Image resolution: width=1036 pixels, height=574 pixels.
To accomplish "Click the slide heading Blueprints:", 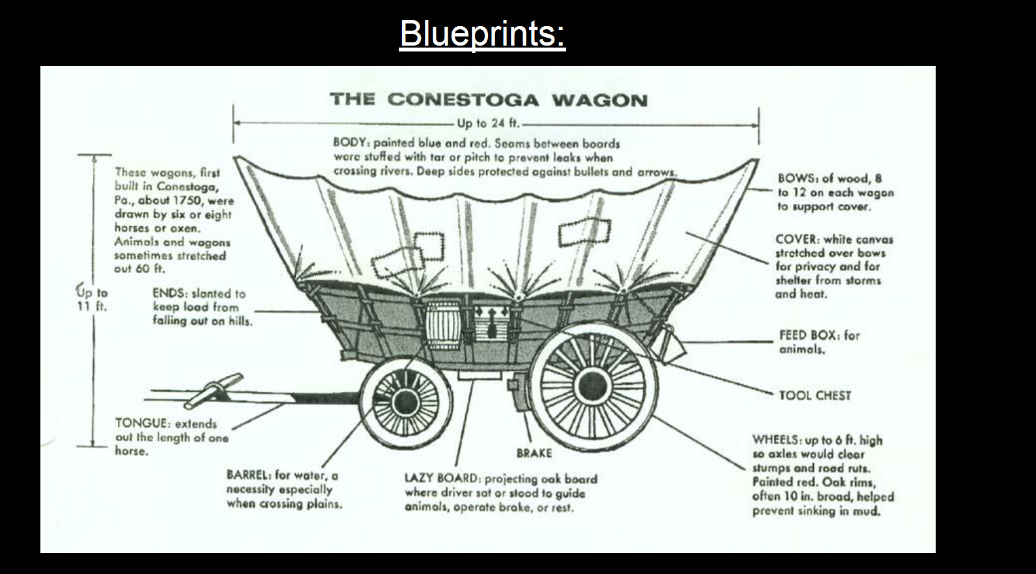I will pos(482,33).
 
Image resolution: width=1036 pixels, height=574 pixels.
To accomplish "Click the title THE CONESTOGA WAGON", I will pos(489,100).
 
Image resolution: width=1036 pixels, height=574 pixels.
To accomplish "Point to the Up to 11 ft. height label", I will pos(92,299).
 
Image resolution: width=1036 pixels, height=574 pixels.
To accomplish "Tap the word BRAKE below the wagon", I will pos(534,453).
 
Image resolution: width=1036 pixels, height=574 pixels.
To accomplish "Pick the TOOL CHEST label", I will pos(814,395).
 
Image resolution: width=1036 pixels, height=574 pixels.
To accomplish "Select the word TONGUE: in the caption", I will pos(141,423).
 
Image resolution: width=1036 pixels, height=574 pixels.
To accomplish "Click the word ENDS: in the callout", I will pos(169,293).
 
